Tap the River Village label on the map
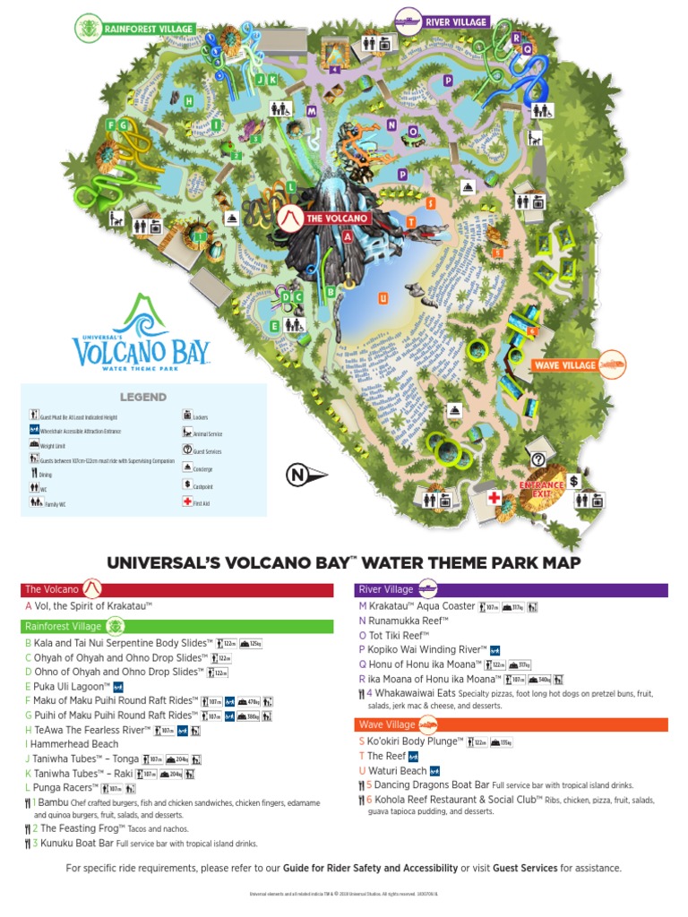coord(455,21)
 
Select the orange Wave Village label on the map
coord(565,365)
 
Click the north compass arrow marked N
coord(304,475)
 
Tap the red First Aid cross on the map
coord(493,497)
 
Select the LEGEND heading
coord(143,397)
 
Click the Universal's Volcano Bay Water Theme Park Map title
coord(344,562)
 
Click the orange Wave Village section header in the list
coord(511,724)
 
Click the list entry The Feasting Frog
coord(79,829)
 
